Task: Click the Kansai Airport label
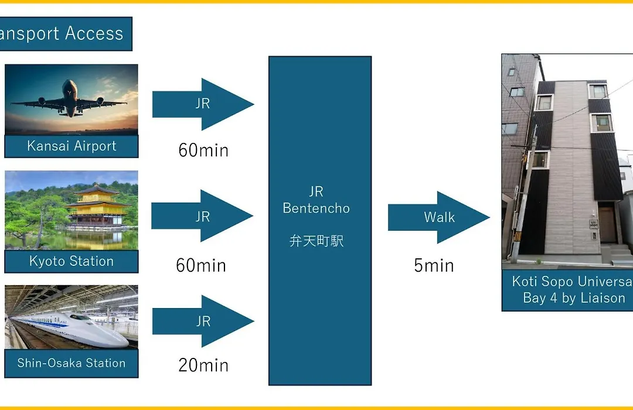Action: click(72, 146)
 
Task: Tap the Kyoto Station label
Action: click(72, 261)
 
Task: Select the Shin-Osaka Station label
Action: click(72, 363)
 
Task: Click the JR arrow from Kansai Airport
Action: click(203, 104)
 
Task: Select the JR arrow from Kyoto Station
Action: click(202, 216)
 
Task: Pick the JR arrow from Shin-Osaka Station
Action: click(203, 321)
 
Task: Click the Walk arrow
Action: click(439, 217)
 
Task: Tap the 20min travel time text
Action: click(203, 365)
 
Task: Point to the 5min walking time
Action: click(434, 265)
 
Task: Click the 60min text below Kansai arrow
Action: click(203, 150)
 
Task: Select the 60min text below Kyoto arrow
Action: click(201, 265)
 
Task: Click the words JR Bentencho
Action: click(316, 200)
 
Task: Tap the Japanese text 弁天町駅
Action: click(316, 241)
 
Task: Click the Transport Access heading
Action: click(61, 33)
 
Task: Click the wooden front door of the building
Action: click(607, 225)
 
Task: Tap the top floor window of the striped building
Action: click(598, 91)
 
